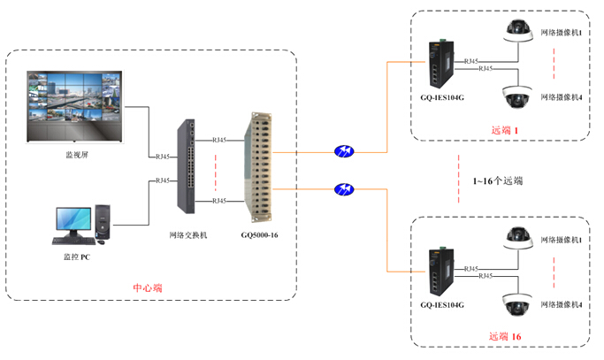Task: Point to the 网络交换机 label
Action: click(x=187, y=235)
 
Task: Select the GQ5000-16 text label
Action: click(x=260, y=235)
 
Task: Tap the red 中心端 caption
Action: click(x=147, y=287)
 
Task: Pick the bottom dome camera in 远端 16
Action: click(x=516, y=301)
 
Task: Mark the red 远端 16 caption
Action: click(x=506, y=336)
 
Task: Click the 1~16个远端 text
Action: click(x=498, y=180)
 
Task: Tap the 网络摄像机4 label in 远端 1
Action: click(x=563, y=96)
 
